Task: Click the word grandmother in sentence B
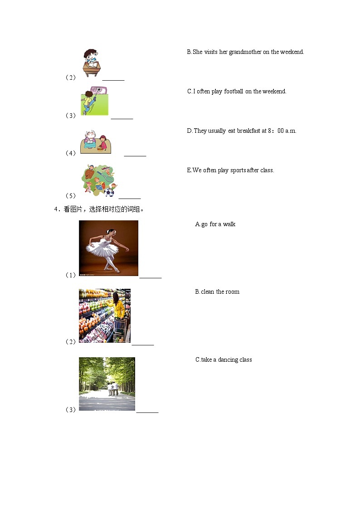pyautogui.click(x=245, y=52)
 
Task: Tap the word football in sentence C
pyautogui.click(x=234, y=91)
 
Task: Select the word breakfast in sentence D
pyautogui.click(x=248, y=131)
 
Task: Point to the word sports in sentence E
pyautogui.click(x=238, y=170)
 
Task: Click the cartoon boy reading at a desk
pyautogui.click(x=92, y=63)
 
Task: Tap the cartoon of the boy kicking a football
pyautogui.click(x=94, y=101)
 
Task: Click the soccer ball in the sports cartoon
pyautogui.click(x=109, y=193)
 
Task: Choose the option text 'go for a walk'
pyautogui.click(x=218, y=224)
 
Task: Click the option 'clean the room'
pyautogui.click(x=220, y=292)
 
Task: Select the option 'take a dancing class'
pyautogui.click(x=227, y=360)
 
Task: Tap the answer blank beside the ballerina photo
pyautogui.click(x=151, y=278)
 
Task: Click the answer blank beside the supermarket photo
pyautogui.click(x=143, y=345)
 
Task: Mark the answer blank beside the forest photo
pyautogui.click(x=147, y=412)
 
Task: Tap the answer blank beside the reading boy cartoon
pyautogui.click(x=113, y=80)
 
